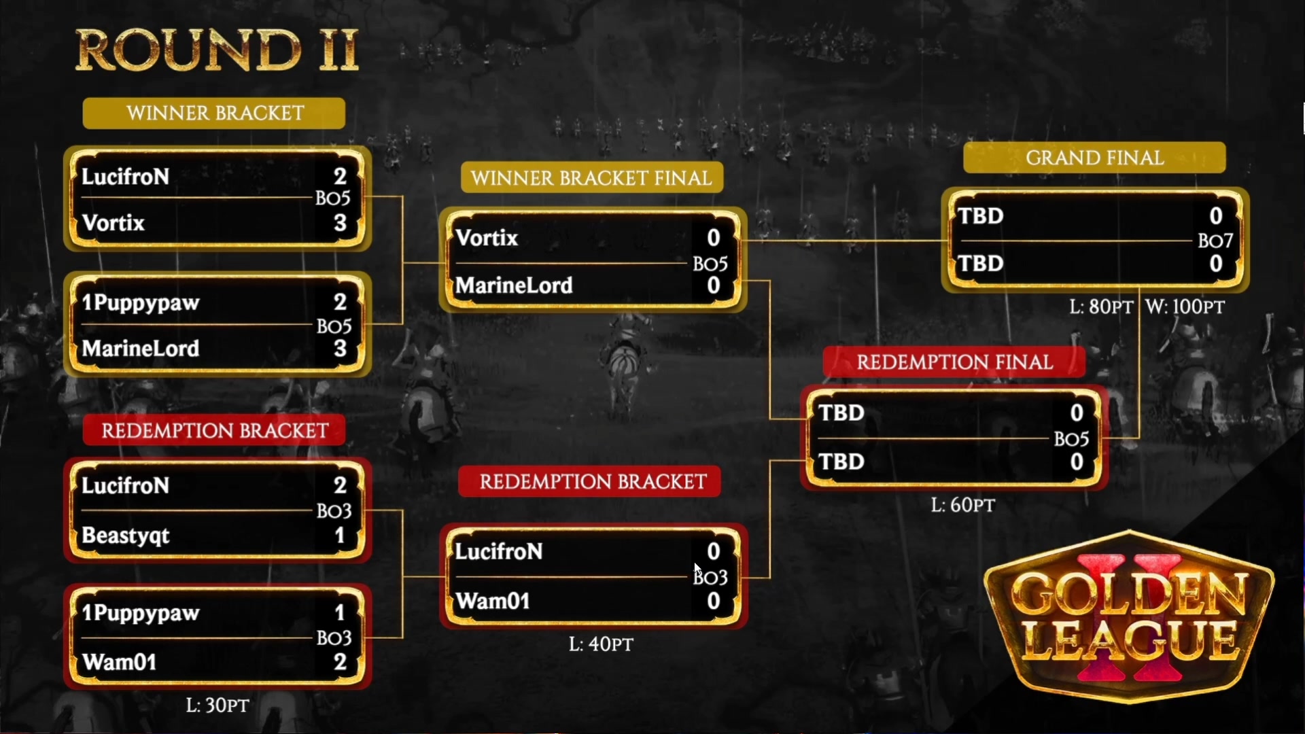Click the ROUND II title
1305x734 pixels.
216,50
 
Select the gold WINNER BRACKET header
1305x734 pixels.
214,113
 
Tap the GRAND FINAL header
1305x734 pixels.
1094,158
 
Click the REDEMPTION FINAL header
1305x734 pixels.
954,362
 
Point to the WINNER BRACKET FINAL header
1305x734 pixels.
591,178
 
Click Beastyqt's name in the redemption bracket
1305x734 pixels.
126,536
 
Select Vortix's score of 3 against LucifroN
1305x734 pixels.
341,223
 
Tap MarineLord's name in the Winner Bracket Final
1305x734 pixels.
514,285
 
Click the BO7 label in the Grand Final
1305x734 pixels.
1215,241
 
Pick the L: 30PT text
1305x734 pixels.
217,705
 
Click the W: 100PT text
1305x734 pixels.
1185,307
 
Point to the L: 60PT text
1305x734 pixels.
962,505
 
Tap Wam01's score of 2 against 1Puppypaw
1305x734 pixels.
341,661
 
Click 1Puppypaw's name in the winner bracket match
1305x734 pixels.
141,302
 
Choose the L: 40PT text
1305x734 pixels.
601,644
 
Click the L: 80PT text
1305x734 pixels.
1101,307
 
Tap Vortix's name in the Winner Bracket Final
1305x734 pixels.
487,238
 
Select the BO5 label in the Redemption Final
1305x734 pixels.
1071,439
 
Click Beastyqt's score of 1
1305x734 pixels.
340,536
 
